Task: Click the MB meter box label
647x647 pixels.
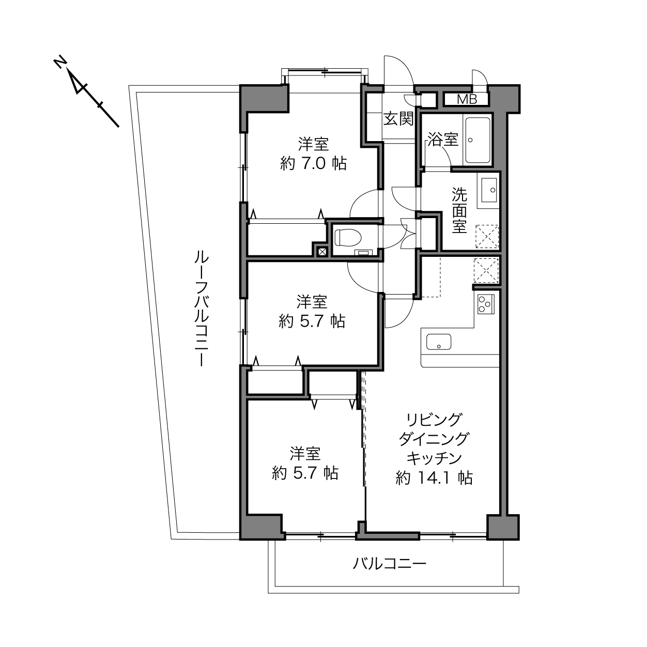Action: [467, 99]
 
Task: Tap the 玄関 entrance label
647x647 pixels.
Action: [398, 118]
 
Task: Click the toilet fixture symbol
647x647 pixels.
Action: [348, 237]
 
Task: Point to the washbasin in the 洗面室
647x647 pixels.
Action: [489, 190]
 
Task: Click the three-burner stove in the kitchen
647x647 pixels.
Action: [485, 304]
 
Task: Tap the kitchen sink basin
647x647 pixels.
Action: [439, 342]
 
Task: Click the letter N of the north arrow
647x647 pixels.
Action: [60, 63]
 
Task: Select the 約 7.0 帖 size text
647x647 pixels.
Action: [313, 163]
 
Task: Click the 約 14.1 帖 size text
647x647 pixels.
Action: [434, 478]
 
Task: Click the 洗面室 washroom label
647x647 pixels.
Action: [459, 210]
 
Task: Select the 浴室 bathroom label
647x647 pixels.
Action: [443, 139]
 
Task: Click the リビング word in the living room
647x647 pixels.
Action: [434, 420]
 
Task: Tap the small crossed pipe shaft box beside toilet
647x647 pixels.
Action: [322, 252]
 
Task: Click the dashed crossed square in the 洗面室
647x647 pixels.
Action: [487, 236]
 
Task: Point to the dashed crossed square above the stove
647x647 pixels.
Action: [486, 270]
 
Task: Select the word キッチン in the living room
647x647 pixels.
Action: [434, 458]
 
